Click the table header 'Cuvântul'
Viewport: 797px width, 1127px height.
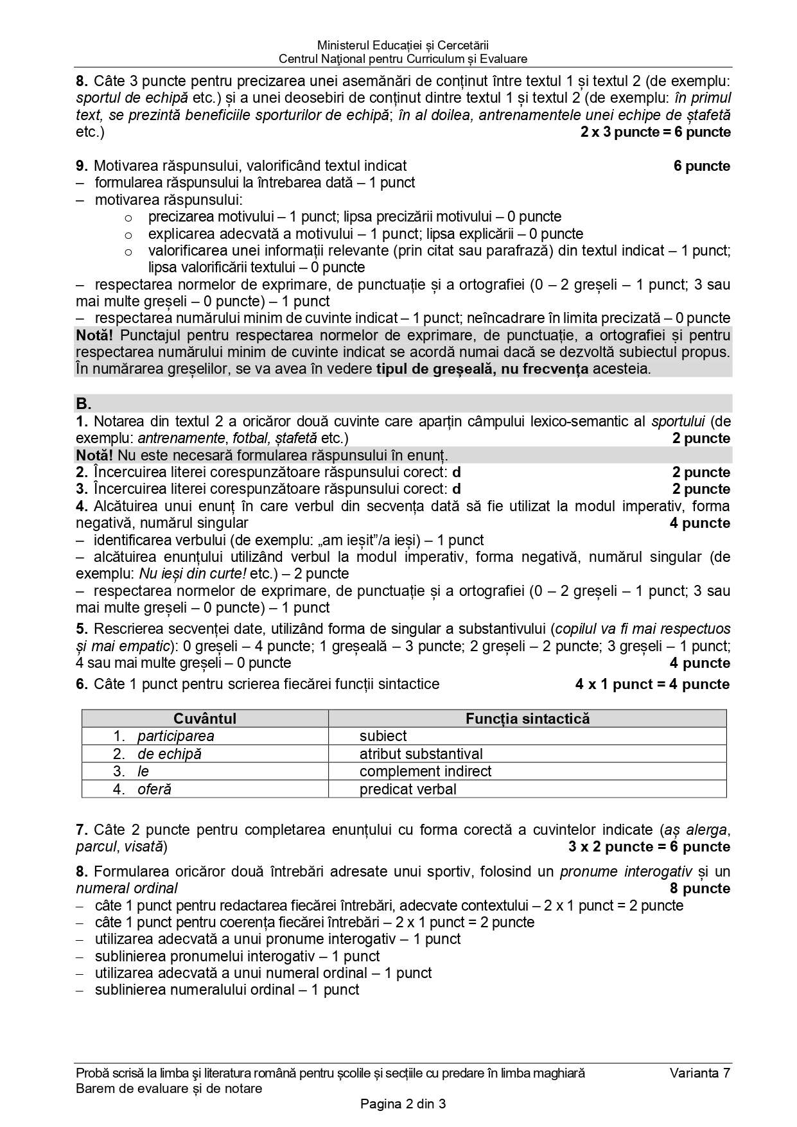[205, 719]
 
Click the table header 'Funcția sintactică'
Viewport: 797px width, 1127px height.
[527, 719]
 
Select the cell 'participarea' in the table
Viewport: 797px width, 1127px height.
[175, 736]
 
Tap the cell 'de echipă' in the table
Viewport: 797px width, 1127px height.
[169, 754]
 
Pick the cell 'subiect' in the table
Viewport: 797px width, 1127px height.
[383, 736]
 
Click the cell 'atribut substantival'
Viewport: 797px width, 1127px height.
[421, 754]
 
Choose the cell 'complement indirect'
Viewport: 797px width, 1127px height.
[425, 771]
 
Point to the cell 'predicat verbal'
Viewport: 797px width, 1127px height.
[408, 789]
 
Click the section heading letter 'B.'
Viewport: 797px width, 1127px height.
[84, 404]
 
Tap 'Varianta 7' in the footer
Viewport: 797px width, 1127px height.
[699, 1073]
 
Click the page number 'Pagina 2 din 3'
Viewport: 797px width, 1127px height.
[403, 1105]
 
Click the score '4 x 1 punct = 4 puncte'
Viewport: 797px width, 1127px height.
[652, 685]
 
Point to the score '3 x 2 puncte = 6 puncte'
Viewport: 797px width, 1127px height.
[649, 847]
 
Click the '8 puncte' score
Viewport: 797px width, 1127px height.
[700, 889]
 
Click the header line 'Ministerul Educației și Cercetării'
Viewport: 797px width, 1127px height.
[403, 45]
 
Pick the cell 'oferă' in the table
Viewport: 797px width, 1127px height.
[154, 789]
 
